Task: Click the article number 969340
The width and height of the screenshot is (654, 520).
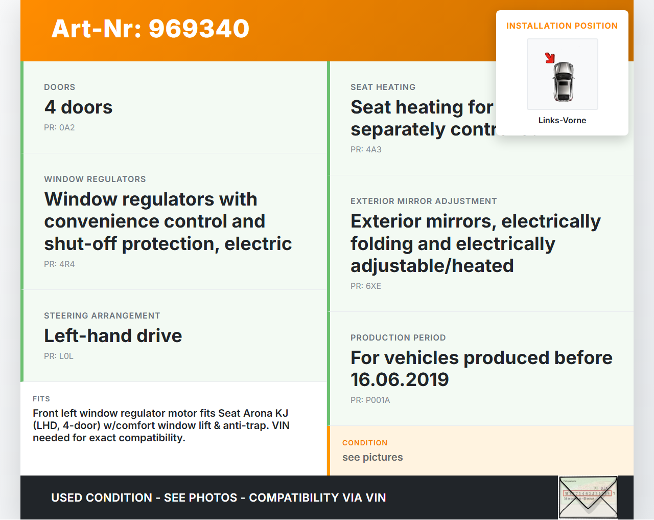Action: click(199, 29)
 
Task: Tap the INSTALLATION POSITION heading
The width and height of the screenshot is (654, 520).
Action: click(562, 26)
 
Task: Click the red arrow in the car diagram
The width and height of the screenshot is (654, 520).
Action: click(550, 58)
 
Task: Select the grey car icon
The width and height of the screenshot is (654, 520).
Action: click(564, 81)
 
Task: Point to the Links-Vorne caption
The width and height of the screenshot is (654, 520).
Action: click(562, 121)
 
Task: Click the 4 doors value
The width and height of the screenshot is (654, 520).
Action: click(78, 107)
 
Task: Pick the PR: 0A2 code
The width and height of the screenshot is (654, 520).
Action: click(59, 128)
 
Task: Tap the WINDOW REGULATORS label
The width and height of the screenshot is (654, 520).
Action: click(95, 179)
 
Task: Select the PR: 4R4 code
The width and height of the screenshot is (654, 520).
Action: click(59, 264)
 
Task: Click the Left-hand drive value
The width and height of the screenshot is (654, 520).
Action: click(113, 336)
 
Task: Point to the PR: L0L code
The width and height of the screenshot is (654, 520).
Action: click(59, 356)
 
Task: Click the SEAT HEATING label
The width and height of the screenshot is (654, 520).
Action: click(383, 87)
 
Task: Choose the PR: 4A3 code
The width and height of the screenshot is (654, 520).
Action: click(366, 150)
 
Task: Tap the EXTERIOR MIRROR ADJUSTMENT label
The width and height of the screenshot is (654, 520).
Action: click(424, 201)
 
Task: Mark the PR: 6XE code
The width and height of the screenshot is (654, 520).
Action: click(366, 286)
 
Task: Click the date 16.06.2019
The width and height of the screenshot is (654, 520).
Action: click(400, 380)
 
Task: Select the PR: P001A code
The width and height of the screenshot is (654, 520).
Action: click(370, 400)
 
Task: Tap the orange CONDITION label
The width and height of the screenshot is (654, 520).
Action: click(365, 443)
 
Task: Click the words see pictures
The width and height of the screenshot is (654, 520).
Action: click(372, 458)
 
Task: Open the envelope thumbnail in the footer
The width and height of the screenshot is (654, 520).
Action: click(588, 498)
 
